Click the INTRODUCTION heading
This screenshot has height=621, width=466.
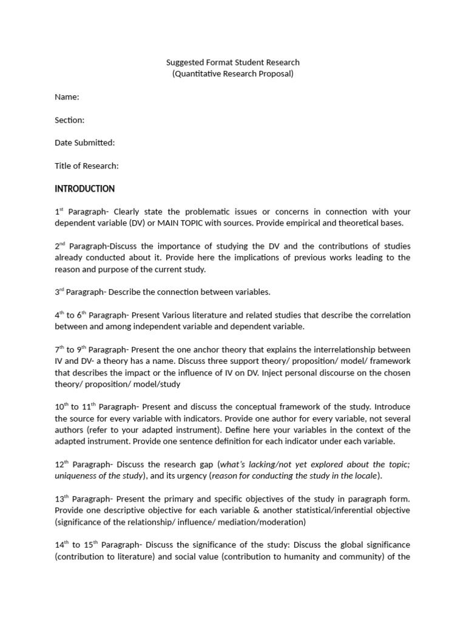(84, 189)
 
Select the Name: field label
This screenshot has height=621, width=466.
(67, 97)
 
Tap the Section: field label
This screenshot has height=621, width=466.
(69, 120)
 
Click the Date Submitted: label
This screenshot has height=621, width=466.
(84, 143)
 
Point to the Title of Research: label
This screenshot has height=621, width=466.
(86, 166)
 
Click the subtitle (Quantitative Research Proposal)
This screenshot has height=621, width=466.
(233, 74)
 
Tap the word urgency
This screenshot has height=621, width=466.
(188, 476)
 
